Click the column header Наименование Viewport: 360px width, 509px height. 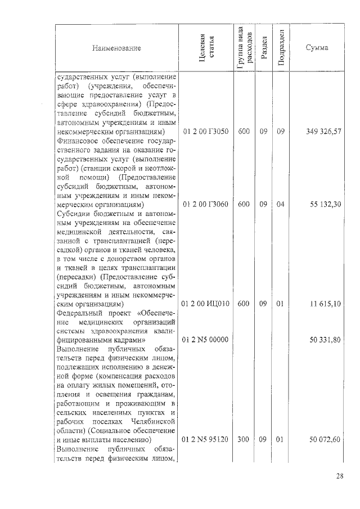pyautogui.click(x=116, y=48)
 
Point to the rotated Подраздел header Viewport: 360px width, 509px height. pyautogui.click(x=281, y=48)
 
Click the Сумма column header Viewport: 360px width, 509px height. pyautogui.click(x=317, y=48)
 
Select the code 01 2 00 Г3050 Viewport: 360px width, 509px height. pyautogui.click(x=206, y=131)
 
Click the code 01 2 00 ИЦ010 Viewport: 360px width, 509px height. pyautogui.click(x=206, y=304)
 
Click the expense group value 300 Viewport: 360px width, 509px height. pyautogui.click(x=244, y=439)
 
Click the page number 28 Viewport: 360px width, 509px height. pyautogui.click(x=340, y=477)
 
